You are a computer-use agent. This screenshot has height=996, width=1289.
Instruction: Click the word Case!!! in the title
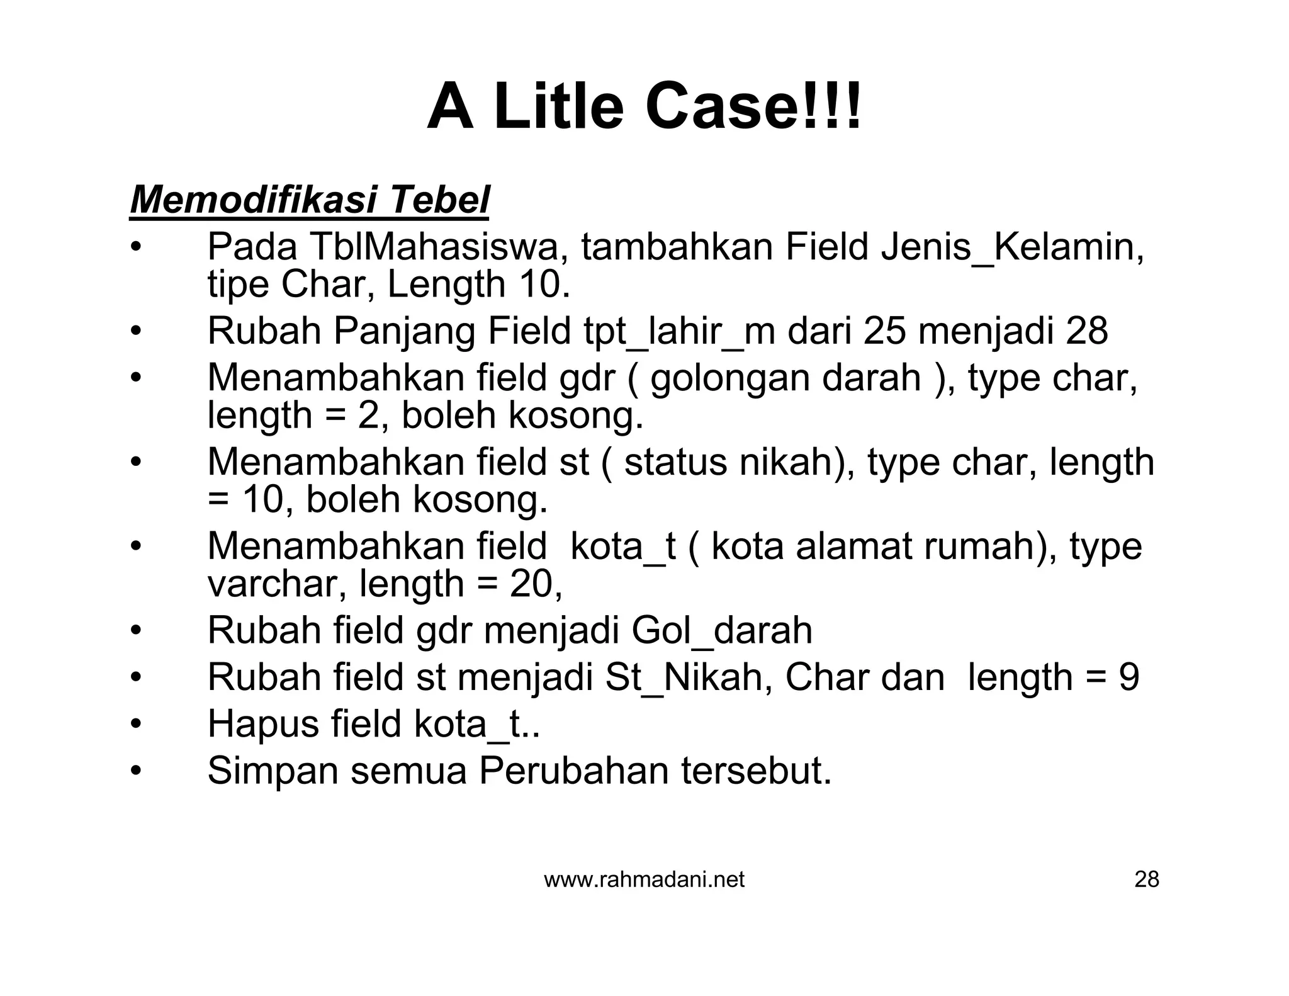[753, 107]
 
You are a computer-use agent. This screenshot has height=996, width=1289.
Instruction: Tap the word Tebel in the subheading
[439, 200]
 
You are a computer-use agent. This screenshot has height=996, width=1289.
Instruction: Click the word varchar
[277, 584]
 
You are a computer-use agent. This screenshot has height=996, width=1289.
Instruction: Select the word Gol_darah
[721, 630]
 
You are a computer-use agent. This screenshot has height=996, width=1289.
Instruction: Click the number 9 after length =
[1129, 677]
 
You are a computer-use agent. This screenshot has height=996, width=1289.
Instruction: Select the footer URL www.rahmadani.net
[644, 880]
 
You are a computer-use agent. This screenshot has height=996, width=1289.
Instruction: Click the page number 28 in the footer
[1146, 880]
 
